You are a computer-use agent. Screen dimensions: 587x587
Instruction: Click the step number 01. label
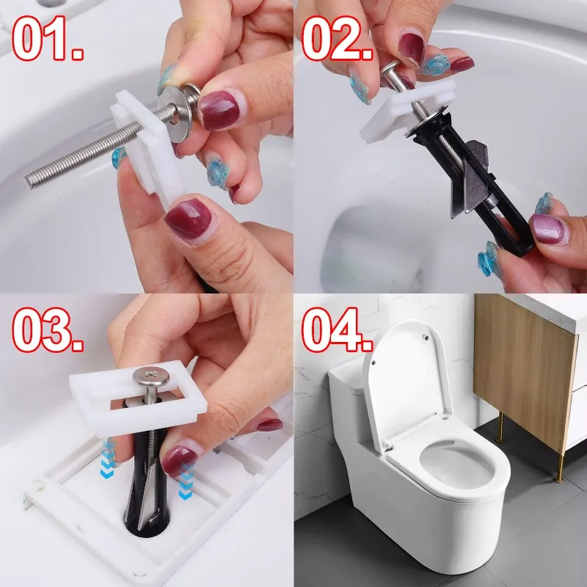click(x=48, y=38)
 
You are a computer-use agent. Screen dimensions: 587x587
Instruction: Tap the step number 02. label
click(x=338, y=38)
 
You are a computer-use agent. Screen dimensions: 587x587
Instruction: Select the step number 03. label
click(x=48, y=329)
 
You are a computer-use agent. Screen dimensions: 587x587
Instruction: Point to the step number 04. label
click(x=338, y=329)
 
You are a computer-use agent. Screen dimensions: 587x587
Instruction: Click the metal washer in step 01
click(x=175, y=112)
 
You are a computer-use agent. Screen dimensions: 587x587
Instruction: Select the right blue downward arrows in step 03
click(x=186, y=481)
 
